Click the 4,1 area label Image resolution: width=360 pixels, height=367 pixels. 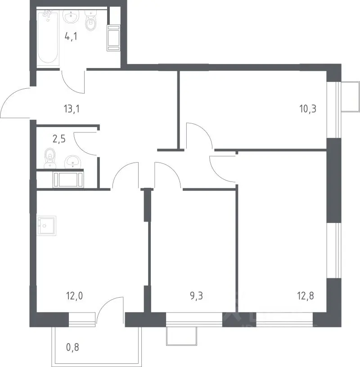[x=71, y=37]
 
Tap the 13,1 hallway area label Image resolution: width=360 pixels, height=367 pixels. [x=72, y=109]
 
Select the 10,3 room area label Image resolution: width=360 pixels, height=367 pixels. [x=308, y=109]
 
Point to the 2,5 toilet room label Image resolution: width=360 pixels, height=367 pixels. [x=59, y=139]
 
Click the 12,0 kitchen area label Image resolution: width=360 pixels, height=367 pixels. [x=74, y=296]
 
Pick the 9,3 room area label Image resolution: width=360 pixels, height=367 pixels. [x=197, y=296]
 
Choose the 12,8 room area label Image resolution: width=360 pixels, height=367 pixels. [x=306, y=296]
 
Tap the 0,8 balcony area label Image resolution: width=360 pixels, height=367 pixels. [x=72, y=347]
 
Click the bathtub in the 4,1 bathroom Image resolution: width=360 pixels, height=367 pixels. [x=48, y=37]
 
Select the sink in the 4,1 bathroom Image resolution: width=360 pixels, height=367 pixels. [x=71, y=16]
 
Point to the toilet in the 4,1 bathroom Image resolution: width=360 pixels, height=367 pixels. [x=90, y=21]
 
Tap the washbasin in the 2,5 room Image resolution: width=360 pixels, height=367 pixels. [x=73, y=162]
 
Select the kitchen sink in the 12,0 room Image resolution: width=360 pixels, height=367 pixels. [x=46, y=226]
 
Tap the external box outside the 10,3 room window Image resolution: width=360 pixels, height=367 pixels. [x=351, y=97]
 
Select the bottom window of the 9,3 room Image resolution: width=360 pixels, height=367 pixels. [x=194, y=319]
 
